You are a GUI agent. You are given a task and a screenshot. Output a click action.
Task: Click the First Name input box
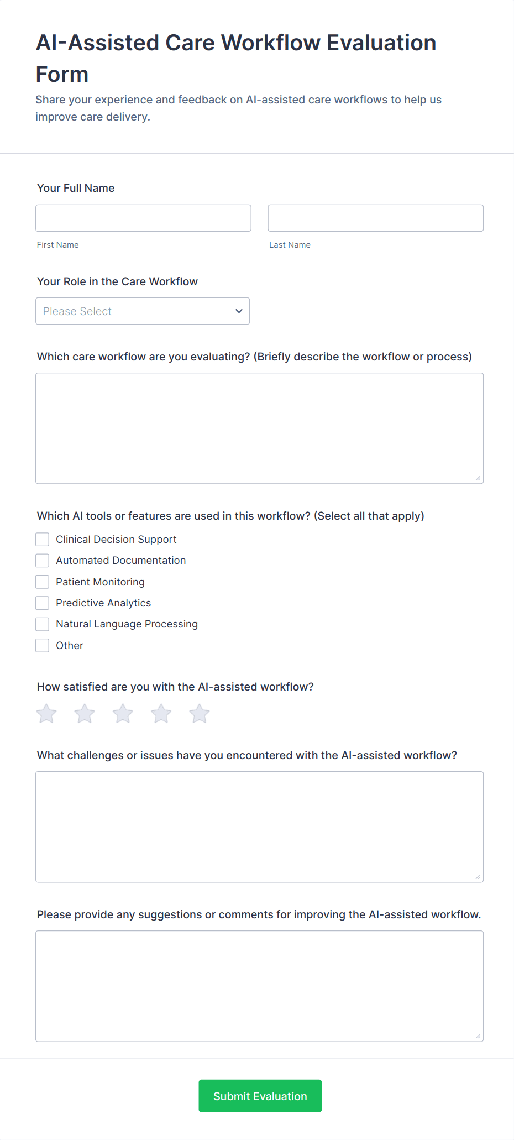coord(143,218)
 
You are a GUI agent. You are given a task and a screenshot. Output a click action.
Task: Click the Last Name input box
coord(375,218)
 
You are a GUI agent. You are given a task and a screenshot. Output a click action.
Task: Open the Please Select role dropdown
coord(143,311)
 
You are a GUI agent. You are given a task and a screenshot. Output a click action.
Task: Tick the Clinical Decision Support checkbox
coord(43,540)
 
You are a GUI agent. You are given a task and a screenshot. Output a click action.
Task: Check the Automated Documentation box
coord(43,561)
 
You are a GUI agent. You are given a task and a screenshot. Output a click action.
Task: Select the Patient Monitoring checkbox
coord(43,582)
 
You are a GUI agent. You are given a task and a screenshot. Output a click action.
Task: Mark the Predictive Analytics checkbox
coord(43,603)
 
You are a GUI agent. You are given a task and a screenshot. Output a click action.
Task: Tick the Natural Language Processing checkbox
coord(43,624)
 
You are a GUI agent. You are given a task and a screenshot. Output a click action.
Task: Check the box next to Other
coord(43,645)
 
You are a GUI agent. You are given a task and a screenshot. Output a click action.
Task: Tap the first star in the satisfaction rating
coord(46,714)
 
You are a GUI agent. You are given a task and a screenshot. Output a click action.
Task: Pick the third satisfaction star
coord(123,714)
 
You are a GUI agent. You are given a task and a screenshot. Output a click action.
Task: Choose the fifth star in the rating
coord(199,714)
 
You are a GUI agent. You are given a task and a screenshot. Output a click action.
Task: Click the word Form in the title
coord(62,75)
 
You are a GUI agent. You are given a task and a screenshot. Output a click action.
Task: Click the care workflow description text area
coord(259,428)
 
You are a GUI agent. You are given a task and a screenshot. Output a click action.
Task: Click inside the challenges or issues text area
coord(259,827)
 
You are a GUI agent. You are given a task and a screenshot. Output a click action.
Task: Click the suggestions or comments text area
coord(259,986)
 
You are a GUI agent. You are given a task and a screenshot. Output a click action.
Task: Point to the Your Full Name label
coord(76,188)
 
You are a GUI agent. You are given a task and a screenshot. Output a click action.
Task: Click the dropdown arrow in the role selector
coord(239,311)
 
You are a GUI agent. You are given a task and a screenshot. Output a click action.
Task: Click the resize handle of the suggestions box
coord(478,1036)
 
